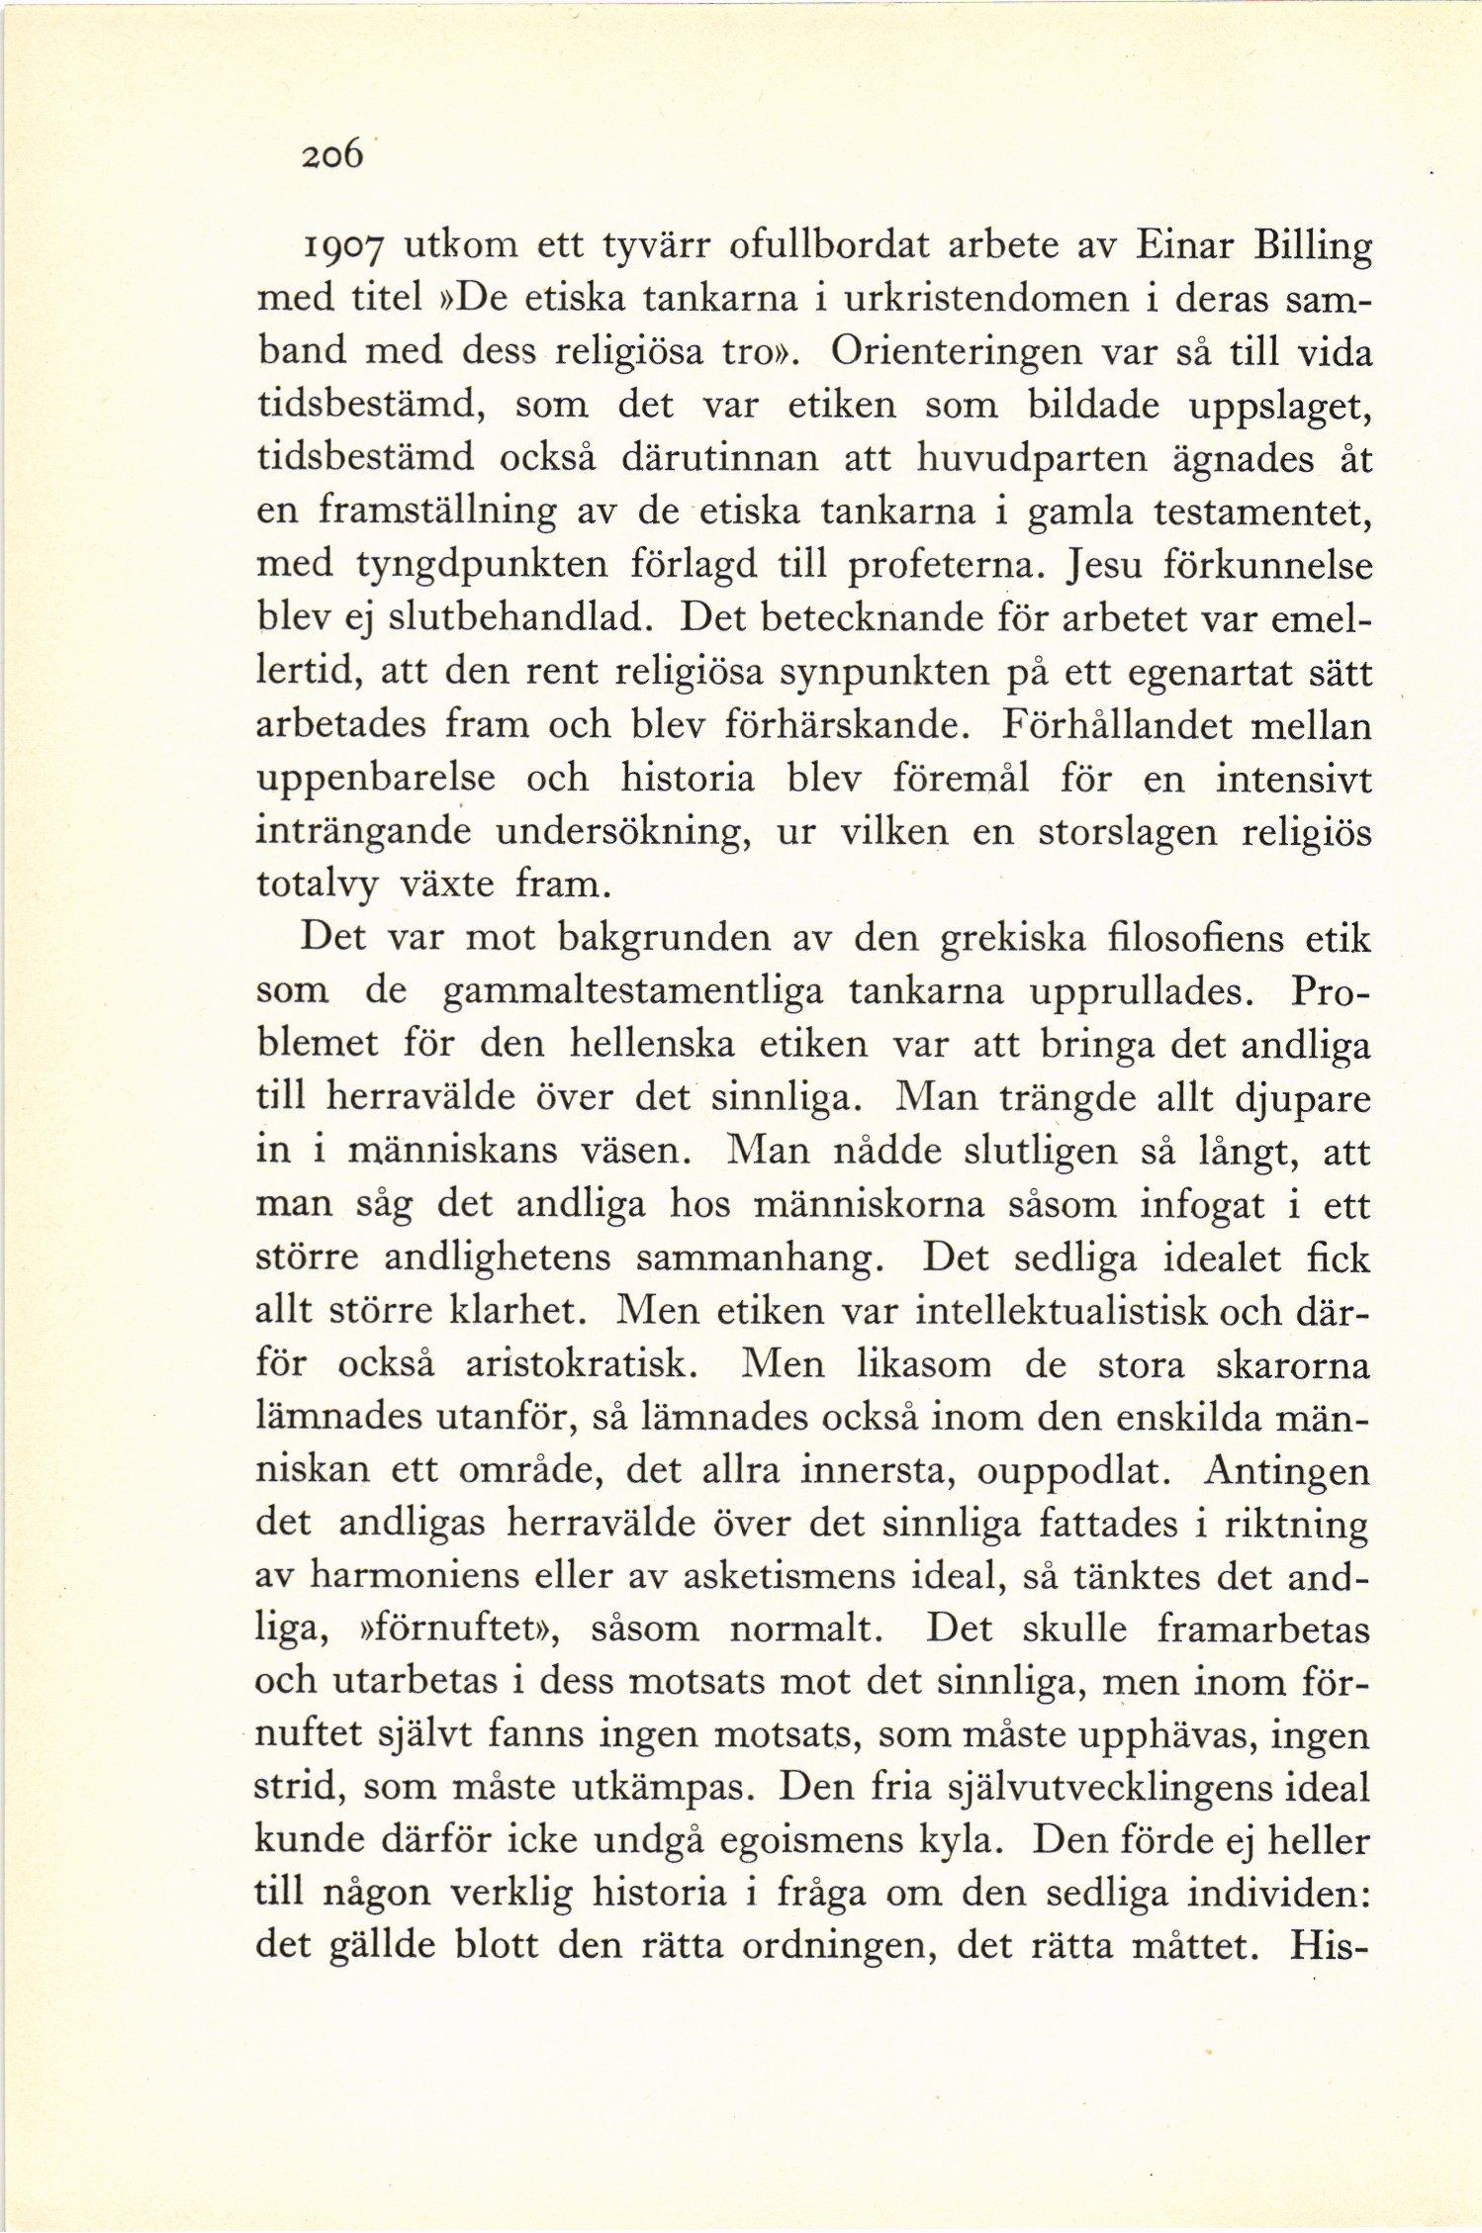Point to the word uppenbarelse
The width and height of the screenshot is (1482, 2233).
click(x=376, y=779)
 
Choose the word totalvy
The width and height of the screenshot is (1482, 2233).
click(x=317, y=884)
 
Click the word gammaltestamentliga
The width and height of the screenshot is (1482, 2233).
click(x=632, y=991)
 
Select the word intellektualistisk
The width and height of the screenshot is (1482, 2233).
click(x=1061, y=1311)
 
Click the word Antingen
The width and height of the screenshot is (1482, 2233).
click(x=1285, y=1471)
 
